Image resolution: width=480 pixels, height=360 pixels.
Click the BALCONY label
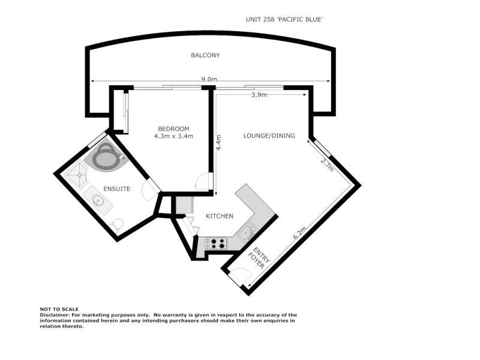pos(205,55)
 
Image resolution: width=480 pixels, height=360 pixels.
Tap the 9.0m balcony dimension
pos(209,79)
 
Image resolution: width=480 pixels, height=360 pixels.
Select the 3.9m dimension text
pos(259,95)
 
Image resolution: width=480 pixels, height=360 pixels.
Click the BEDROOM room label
pos(173,128)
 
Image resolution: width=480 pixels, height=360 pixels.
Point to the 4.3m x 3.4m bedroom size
pos(173,136)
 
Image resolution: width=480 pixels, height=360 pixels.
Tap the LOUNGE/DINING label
pos(269,136)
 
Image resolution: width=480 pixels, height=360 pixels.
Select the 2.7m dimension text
pos(327,164)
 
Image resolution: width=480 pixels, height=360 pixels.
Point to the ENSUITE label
pos(116,189)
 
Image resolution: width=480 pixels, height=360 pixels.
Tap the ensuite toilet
pos(118,224)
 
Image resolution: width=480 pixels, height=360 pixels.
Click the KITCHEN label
pos(220,216)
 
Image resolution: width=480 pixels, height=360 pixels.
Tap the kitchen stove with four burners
pos(217,244)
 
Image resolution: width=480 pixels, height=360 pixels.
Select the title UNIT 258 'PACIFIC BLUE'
pos(285,19)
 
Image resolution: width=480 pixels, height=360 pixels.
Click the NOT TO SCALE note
pos(59,309)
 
